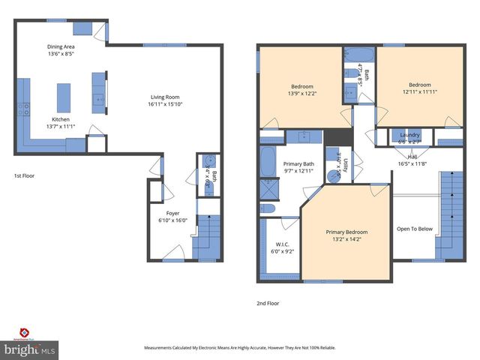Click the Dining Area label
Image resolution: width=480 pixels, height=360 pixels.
[x=61, y=46]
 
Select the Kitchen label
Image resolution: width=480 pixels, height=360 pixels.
[x=61, y=119]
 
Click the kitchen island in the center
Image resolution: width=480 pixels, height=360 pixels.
[x=64, y=97]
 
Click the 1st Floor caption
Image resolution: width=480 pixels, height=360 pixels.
[x=24, y=175]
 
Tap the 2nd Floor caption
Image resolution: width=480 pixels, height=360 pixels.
[x=268, y=304]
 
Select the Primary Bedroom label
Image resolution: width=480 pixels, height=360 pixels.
[x=346, y=232]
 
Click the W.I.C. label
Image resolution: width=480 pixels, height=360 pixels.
[x=282, y=244]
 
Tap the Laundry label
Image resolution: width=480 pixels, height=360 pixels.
[x=409, y=134]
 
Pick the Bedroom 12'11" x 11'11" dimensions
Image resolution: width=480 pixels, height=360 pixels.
[x=419, y=92]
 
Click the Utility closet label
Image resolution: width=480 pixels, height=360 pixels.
[x=346, y=164]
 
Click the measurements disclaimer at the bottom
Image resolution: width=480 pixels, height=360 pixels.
[x=239, y=348]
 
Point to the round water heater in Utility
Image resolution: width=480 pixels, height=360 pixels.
[x=333, y=175]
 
